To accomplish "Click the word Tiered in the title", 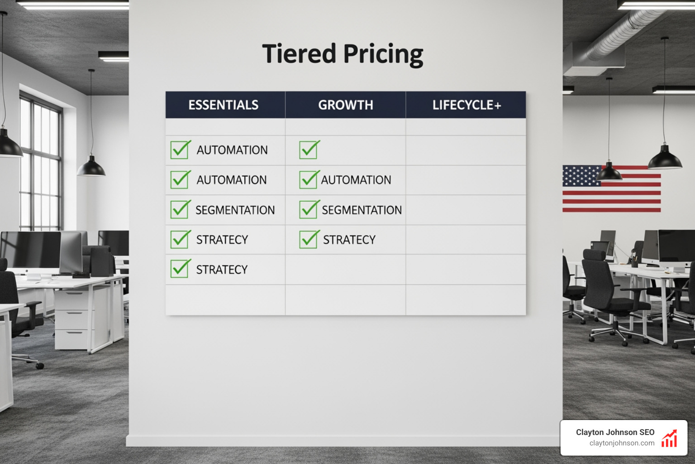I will [299, 53].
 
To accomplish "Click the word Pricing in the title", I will [383, 54].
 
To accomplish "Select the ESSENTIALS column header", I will [224, 105].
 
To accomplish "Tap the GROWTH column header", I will [346, 105].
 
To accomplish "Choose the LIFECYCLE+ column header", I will [467, 105].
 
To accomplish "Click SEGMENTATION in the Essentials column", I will [235, 210].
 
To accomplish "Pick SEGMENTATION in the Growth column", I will [362, 210].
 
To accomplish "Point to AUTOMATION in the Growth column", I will [356, 180].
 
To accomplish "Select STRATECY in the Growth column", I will [349, 240].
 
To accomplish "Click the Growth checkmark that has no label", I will [309, 150].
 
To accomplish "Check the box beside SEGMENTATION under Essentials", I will [180, 210].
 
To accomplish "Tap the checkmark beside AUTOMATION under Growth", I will [309, 179].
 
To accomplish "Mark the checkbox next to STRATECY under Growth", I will [309, 239].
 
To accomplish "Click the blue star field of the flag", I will [581, 176].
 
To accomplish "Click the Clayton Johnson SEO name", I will [615, 432].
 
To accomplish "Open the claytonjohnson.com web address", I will [622, 443].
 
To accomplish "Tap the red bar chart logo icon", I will [670, 439].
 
